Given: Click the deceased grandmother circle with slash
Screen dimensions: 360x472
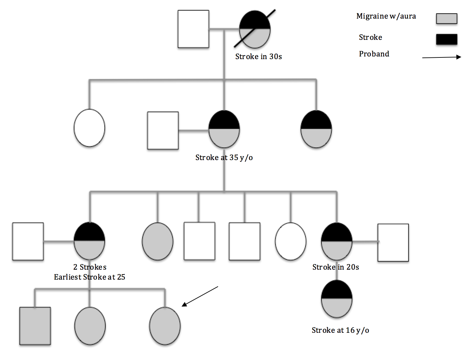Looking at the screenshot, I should [255, 29].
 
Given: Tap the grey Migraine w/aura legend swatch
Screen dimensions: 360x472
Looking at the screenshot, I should [446, 19].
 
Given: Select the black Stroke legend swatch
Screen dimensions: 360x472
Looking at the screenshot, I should [446, 39].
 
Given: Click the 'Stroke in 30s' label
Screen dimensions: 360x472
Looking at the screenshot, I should [258, 57].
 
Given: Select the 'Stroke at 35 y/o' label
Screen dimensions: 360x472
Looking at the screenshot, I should [224, 158].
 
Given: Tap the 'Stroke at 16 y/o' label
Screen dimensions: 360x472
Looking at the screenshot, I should [340, 330].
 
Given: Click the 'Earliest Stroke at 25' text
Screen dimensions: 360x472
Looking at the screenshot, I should [89, 277].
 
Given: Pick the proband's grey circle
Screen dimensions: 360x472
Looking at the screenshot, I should [165, 326].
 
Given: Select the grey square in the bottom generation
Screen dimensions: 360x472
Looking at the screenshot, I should [35, 326].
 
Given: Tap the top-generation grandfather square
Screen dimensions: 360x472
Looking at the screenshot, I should [193, 29].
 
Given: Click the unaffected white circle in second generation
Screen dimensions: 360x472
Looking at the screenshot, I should [89, 128].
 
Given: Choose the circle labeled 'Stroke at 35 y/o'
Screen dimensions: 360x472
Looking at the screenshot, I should [224, 129].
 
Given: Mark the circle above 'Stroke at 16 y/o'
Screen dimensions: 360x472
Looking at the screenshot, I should [336, 299].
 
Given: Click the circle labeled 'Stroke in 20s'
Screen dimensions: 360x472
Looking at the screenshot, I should [336, 241].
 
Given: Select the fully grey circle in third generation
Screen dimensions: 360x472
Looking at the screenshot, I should [158, 241].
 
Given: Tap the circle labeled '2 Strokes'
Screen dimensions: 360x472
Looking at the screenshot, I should [89, 241].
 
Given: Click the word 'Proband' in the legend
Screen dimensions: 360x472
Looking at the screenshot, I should [374, 54].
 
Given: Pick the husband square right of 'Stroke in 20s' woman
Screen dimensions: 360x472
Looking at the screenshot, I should [393, 242].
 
